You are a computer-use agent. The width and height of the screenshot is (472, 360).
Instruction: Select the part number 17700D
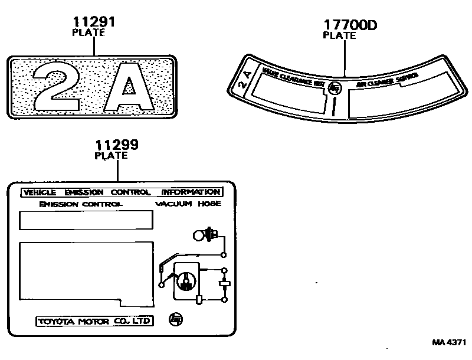click(349, 25)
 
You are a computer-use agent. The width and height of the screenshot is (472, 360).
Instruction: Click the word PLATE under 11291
click(88, 33)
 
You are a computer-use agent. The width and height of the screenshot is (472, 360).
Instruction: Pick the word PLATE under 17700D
click(339, 35)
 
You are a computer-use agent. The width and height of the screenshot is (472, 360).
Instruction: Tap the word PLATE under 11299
click(111, 156)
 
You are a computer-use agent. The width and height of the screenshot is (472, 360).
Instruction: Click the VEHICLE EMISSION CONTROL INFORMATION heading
click(121, 192)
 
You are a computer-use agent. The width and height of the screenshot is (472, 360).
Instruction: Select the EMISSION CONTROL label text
click(80, 204)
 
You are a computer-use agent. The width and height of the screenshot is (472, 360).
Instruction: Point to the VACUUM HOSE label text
click(188, 204)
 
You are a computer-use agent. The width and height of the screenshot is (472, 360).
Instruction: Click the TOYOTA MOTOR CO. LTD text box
click(94, 322)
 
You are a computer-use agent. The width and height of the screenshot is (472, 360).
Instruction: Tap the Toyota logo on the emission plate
click(176, 319)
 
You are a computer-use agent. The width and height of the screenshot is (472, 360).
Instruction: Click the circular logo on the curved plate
click(335, 89)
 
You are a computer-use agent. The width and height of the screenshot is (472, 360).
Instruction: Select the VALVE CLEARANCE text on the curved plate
click(293, 80)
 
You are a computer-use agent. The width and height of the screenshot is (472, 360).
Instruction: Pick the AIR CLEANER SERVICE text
click(387, 81)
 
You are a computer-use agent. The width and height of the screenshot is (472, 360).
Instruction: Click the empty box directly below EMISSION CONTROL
click(86, 220)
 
